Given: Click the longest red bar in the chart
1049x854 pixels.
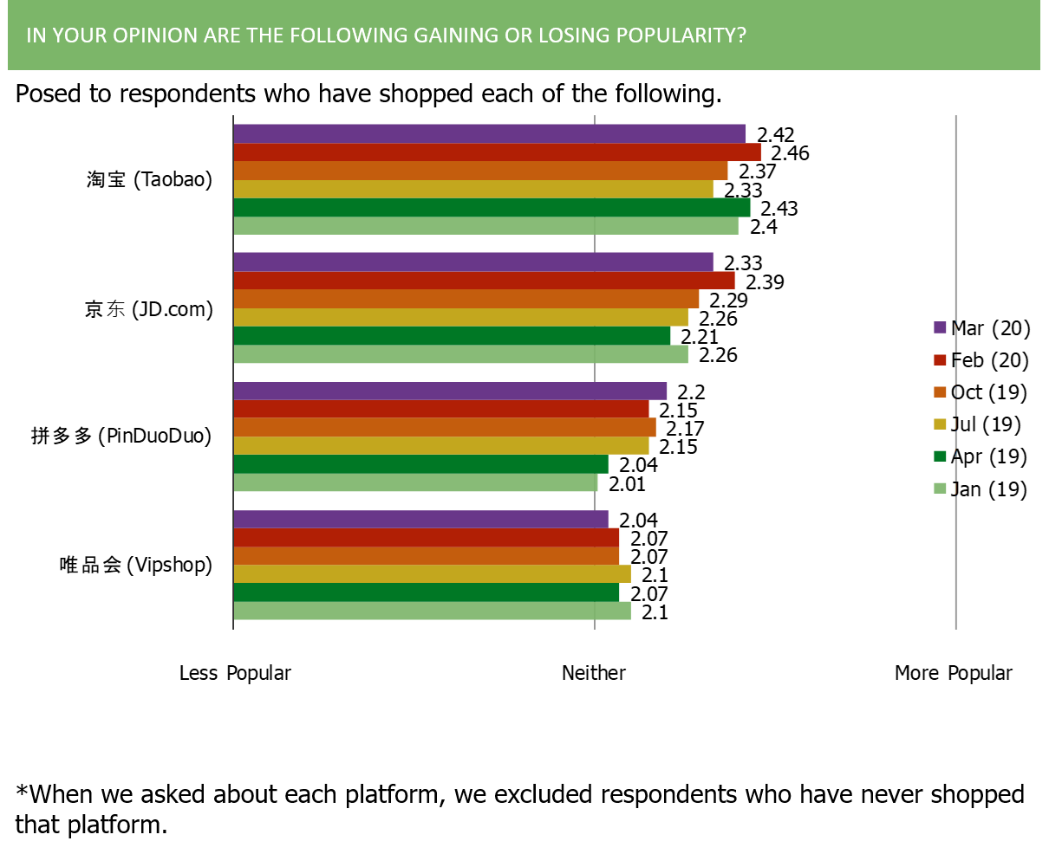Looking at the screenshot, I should [x=498, y=152].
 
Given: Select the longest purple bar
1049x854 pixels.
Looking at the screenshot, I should [x=490, y=133].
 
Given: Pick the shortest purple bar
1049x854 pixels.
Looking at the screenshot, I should [x=421, y=519].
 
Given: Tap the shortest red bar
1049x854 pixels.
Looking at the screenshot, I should [x=427, y=537].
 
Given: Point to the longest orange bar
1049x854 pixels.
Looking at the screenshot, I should [x=481, y=171].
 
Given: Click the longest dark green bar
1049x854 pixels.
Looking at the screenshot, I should [x=492, y=208].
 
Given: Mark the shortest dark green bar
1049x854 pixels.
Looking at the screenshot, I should [x=421, y=464].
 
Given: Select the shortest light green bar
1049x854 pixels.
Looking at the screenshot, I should [x=416, y=482].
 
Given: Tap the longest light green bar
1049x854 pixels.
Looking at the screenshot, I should [x=486, y=226].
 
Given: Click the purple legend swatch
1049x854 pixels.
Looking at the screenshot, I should [x=941, y=327].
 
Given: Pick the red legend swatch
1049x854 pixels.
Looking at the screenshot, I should [x=941, y=359].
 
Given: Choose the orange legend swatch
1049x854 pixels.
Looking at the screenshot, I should [x=941, y=391].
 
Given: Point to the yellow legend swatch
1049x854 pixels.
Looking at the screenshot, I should [x=941, y=424].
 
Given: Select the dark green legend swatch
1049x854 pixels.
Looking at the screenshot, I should [x=941, y=456].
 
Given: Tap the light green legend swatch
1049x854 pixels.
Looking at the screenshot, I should [x=941, y=488].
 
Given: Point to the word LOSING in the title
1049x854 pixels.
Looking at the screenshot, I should [x=579, y=36].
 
